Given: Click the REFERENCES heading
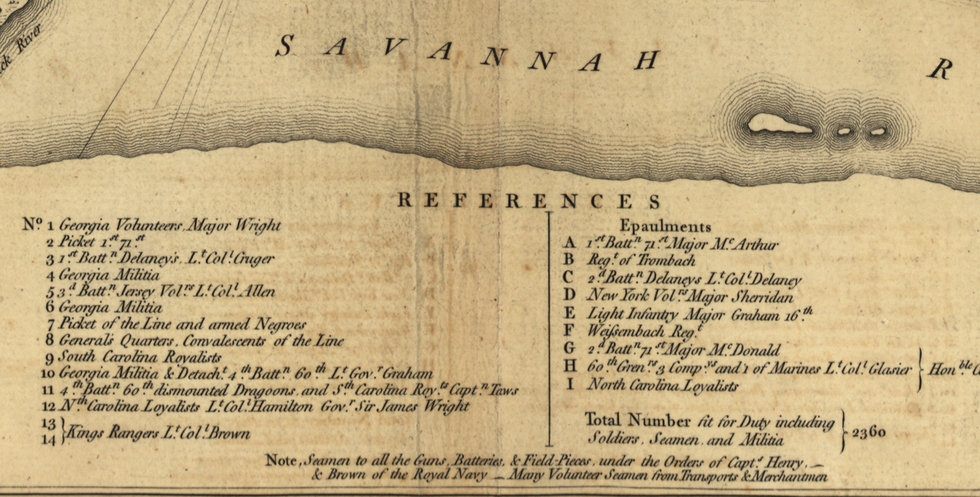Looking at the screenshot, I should coord(529,202).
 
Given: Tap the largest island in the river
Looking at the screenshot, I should coord(779,126).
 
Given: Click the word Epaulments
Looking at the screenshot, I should coord(665,227).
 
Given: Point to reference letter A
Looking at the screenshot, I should coord(569,243).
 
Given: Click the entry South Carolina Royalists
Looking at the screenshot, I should coord(141,357).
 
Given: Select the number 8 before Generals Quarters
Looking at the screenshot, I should coord(50,340).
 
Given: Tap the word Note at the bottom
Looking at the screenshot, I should coord(282,460).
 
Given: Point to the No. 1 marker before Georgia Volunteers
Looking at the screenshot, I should coord(38,224).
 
